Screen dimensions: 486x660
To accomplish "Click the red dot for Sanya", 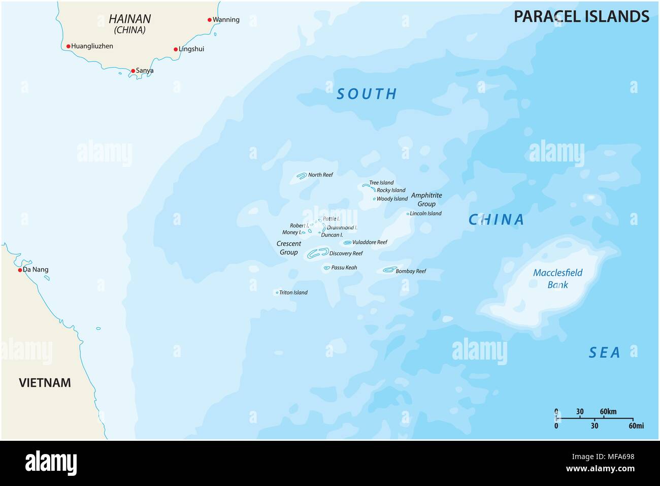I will (x=133, y=71).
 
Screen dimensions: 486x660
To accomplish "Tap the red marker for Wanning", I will (x=210, y=20).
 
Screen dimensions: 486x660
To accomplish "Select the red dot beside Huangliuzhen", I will (x=69, y=46).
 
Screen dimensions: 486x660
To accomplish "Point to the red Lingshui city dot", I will (x=176, y=49).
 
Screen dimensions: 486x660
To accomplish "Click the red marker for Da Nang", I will (x=20, y=270).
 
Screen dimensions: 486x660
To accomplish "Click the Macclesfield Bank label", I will (x=557, y=279).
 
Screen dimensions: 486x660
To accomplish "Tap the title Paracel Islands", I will (x=581, y=16).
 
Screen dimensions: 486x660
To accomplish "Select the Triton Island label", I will (x=293, y=293).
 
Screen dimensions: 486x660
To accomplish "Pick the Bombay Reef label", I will (x=411, y=271).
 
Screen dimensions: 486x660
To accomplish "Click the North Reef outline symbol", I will (x=302, y=176).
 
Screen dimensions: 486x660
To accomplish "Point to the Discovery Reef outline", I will (x=318, y=252).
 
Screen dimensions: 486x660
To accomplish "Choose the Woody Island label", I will (x=392, y=199).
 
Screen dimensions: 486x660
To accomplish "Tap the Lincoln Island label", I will (x=425, y=214).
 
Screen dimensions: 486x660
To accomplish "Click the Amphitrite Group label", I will (x=426, y=200).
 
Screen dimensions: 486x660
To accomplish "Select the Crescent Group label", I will (x=289, y=248).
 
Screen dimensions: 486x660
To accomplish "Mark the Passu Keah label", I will (x=344, y=268).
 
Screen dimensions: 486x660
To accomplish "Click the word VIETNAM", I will (x=45, y=383).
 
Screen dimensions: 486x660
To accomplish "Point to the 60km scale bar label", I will (x=608, y=411).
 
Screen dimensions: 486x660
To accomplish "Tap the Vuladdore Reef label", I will (x=370, y=242).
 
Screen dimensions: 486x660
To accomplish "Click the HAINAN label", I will (x=129, y=19).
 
